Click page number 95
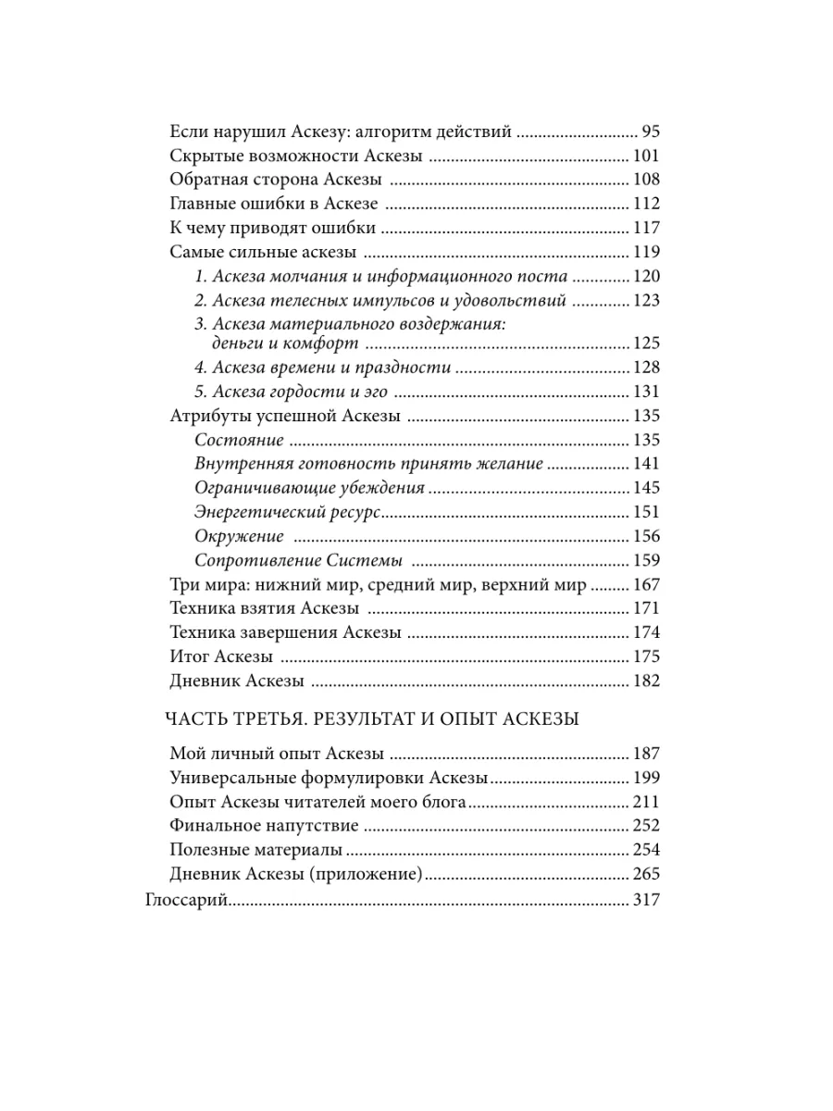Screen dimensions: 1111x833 click(x=650, y=131)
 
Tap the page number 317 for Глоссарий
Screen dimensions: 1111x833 click(x=645, y=899)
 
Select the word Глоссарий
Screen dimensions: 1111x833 click(x=187, y=899)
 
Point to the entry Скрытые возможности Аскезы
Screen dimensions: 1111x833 click(x=297, y=156)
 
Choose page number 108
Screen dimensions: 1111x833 click(x=645, y=180)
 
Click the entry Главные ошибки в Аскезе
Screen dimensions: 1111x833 click(x=275, y=204)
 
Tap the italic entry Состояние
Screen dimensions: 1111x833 click(x=240, y=441)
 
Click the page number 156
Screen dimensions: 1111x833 click(x=645, y=537)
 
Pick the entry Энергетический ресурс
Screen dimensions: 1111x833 click(x=288, y=513)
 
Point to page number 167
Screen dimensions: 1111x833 click(x=645, y=585)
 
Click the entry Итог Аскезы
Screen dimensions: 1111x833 click(x=222, y=657)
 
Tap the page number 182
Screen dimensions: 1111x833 click(x=645, y=681)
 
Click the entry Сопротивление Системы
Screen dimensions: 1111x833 click(x=300, y=561)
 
